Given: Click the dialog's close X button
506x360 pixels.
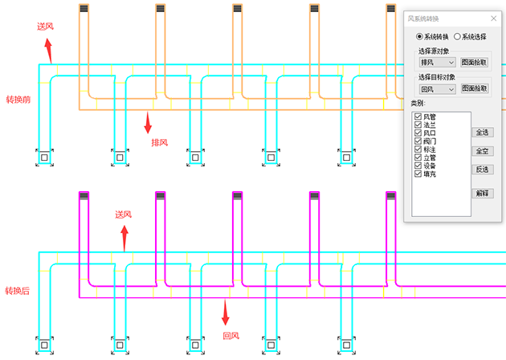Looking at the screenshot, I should click(493, 17).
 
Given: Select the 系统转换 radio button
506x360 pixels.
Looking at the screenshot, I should click(419, 36).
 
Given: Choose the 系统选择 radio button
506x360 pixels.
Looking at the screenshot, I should click(457, 36).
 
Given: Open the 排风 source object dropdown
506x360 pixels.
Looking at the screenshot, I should click(437, 62).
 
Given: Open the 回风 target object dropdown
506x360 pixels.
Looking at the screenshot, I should click(437, 89).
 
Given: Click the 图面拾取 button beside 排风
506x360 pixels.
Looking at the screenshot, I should click(473, 62).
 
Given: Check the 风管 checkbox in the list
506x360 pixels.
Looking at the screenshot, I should click(418, 117).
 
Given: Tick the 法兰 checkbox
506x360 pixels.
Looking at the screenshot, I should click(418, 125).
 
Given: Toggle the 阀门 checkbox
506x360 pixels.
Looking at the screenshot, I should click(418, 141).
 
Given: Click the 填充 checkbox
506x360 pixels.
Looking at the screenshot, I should click(418, 174).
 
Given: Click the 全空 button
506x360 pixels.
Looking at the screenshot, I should click(483, 151).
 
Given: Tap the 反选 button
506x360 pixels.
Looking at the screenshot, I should click(483, 170).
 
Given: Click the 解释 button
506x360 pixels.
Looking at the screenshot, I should click(482, 193).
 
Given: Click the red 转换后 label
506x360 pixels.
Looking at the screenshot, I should click(18, 290).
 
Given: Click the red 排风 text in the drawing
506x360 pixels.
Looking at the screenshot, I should click(160, 142).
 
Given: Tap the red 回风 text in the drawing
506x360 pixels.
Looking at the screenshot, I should click(231, 335).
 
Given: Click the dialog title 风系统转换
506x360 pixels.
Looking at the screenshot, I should click(430, 17).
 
